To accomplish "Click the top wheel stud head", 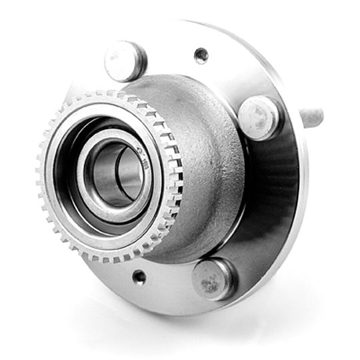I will pos(125,61).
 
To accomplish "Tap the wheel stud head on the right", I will pos(261,118).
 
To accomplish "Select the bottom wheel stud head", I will pos(213,279).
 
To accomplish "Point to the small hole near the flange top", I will pos(201,55).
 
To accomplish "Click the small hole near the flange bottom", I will pos(139,276).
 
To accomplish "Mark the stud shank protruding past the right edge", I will pos(313,119).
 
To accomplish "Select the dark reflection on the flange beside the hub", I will pos(267,193).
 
